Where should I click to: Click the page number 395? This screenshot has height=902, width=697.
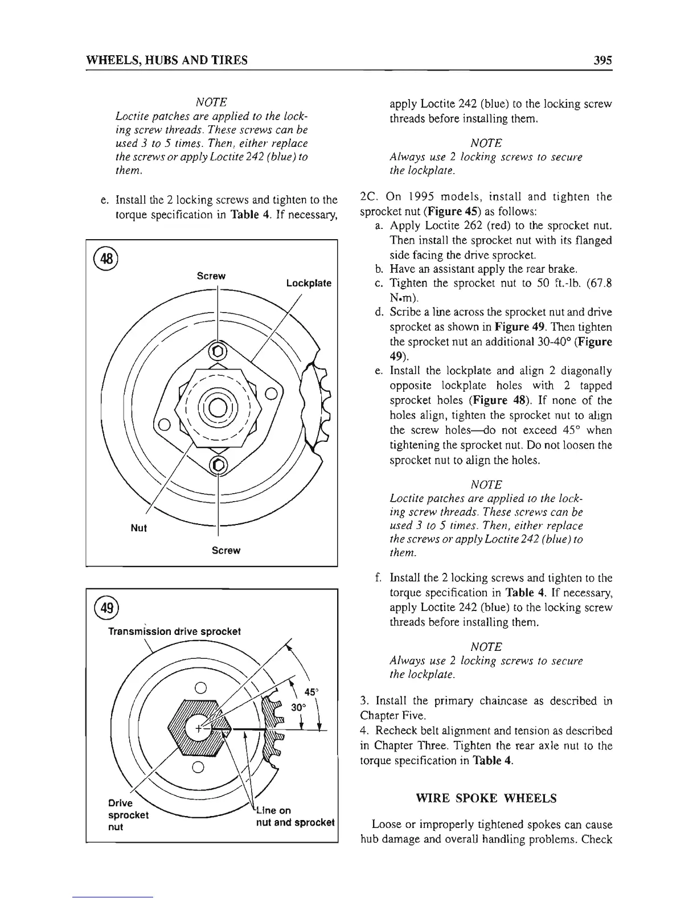(x=601, y=60)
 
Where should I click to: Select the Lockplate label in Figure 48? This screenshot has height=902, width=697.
(x=309, y=283)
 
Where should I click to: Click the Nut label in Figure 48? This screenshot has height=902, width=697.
(x=139, y=528)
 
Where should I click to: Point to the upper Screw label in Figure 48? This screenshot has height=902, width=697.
(x=211, y=276)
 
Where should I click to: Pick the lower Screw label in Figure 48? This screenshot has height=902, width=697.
(x=226, y=551)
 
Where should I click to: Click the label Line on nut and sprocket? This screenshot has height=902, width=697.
(x=292, y=817)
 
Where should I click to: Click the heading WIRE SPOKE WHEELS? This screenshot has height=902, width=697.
(x=487, y=798)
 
